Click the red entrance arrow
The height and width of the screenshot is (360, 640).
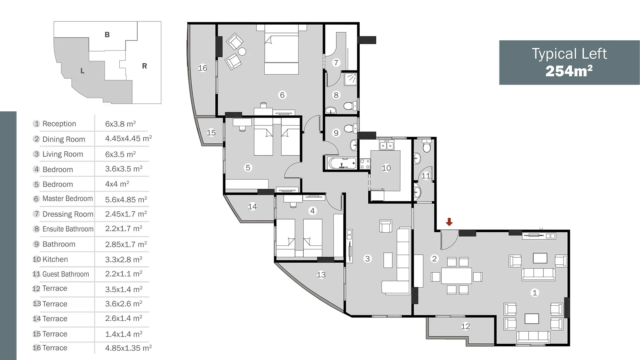(x=449, y=222)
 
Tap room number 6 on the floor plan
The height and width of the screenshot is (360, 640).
(x=282, y=95)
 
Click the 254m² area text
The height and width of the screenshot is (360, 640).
(x=569, y=71)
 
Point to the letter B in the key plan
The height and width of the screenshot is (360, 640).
(x=107, y=35)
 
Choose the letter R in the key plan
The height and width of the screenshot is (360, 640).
(x=144, y=66)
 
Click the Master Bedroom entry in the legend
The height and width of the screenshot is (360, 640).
(x=68, y=198)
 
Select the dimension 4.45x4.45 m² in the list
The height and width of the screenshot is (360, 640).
(x=128, y=139)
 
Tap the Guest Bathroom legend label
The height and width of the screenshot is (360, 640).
(x=66, y=274)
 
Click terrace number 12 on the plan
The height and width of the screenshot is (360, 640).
(x=465, y=326)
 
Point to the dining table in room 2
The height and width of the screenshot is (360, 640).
(x=456, y=276)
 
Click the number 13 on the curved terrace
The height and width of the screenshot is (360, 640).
(x=321, y=275)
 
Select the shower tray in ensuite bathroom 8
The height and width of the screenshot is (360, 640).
(x=350, y=79)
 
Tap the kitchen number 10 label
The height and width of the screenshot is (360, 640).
(x=386, y=168)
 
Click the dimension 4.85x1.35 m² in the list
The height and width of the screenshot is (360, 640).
(x=128, y=348)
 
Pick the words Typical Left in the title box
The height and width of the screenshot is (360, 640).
(x=569, y=54)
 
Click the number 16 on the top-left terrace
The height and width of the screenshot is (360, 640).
(x=203, y=68)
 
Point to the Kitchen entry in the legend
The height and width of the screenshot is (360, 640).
(x=55, y=259)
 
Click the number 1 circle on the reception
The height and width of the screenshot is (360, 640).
(x=534, y=292)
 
